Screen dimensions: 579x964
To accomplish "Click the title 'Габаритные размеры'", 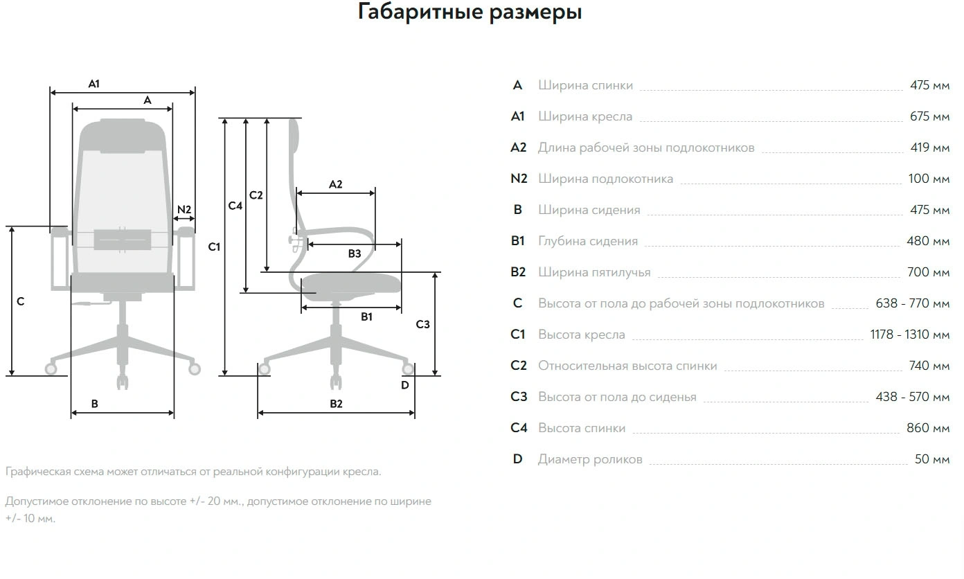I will coord(470,12).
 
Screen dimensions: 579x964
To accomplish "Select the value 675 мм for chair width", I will coord(929,116).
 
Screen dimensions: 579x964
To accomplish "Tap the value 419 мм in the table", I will coord(929,148).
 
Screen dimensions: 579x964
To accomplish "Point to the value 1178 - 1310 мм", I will coord(909,335).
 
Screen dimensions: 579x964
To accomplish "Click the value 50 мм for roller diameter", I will coord(931,459).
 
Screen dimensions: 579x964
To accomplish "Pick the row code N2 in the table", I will coord(519,179).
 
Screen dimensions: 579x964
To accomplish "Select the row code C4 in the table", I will coord(519,428).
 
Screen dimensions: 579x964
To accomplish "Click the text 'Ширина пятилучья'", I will coord(594,272).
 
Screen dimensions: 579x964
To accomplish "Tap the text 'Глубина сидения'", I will coord(588,241).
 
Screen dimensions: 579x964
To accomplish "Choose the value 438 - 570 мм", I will coord(911,397).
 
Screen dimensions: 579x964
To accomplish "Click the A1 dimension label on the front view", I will coord(94,84).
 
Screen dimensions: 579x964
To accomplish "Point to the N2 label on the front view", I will coord(184,210).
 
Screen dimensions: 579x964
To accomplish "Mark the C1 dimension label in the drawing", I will coord(214,247).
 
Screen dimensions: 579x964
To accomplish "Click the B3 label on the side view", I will coord(355,254).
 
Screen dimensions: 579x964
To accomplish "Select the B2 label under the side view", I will coord(336,404).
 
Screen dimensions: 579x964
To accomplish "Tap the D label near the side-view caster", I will coord(405,385).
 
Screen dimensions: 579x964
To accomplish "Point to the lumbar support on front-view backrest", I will coord(123,239).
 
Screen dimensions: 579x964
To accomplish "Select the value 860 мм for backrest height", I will coord(928,428).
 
